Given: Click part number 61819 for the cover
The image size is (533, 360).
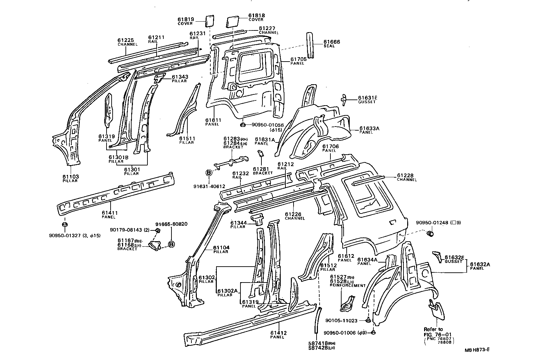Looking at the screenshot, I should coord(185,19).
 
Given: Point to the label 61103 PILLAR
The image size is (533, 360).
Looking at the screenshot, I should coord(70,178).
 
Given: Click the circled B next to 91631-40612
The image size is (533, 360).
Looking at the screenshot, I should coord(209,173).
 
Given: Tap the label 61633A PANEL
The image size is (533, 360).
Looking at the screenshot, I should coord(369,130).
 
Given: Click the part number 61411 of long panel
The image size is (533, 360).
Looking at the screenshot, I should coord(110,213).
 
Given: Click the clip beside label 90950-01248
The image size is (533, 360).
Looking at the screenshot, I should coord(431,233).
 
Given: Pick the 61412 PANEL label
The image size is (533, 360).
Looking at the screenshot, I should coord(279,335).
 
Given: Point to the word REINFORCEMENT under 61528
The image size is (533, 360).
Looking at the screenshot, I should coord(348,286).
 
